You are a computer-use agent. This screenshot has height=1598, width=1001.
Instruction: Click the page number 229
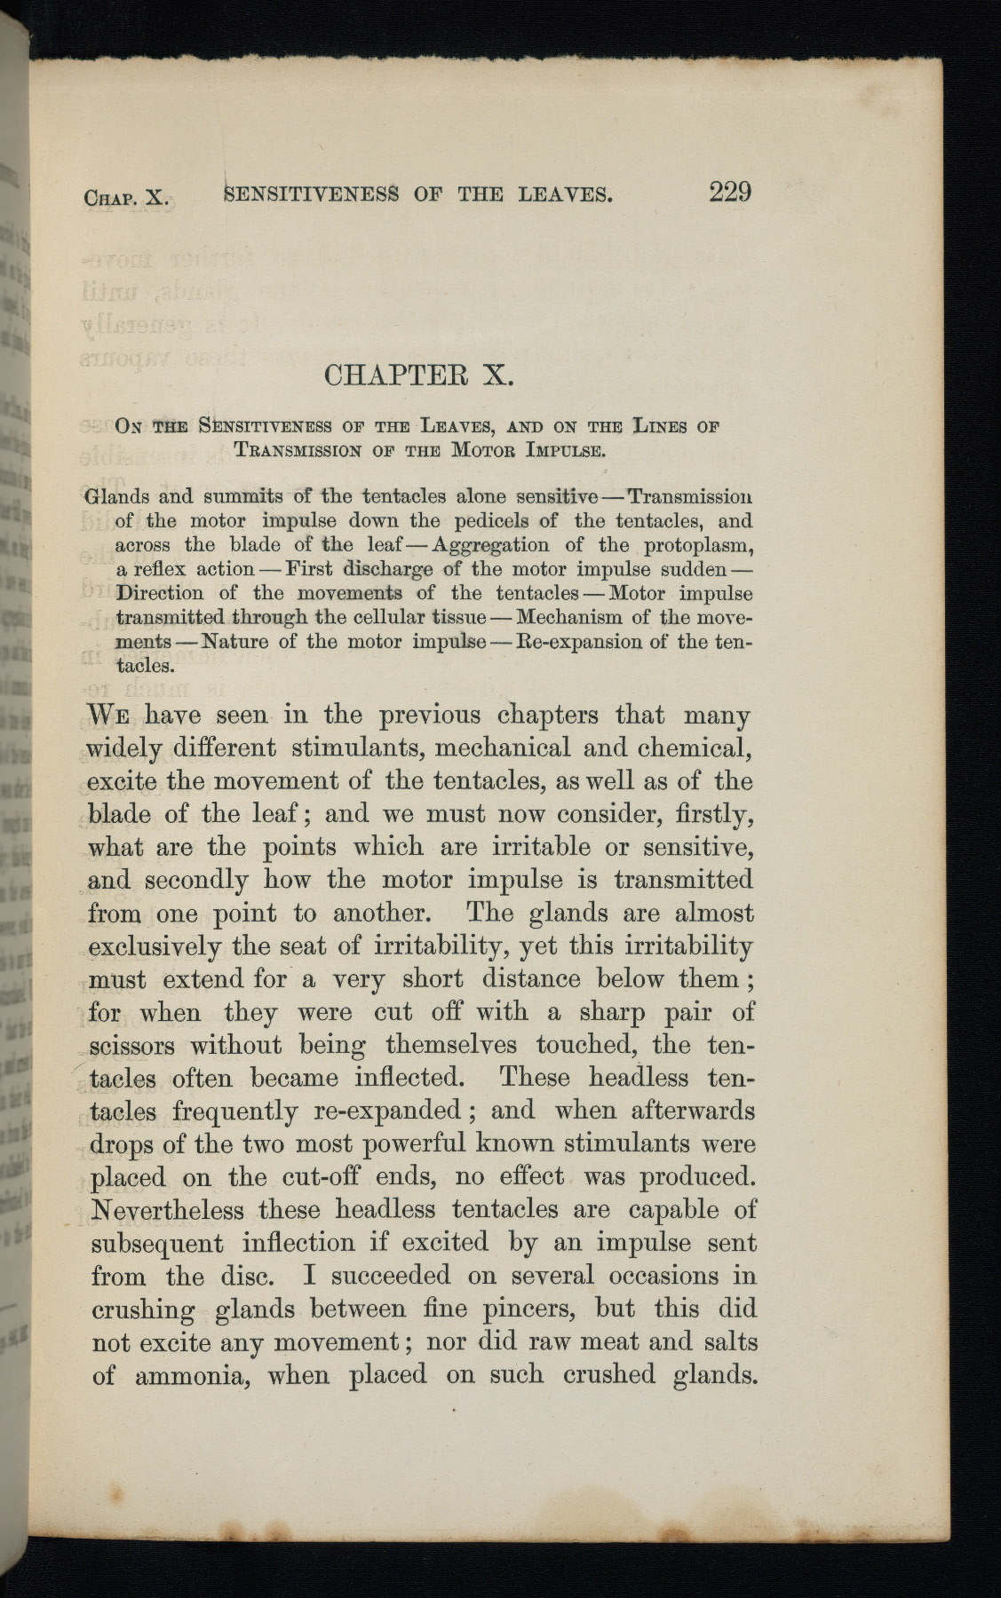coord(729,192)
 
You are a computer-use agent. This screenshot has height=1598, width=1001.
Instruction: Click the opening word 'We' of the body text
coord(111,715)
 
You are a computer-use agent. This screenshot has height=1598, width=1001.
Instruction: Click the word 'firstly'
coord(708,814)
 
